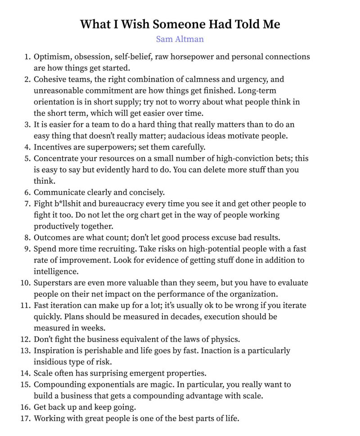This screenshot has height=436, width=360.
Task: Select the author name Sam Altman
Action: pyautogui.click(x=180, y=39)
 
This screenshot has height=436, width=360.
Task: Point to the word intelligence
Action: pyautogui.click(x=56, y=272)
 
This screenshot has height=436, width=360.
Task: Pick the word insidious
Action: pyautogui.click(x=51, y=362)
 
